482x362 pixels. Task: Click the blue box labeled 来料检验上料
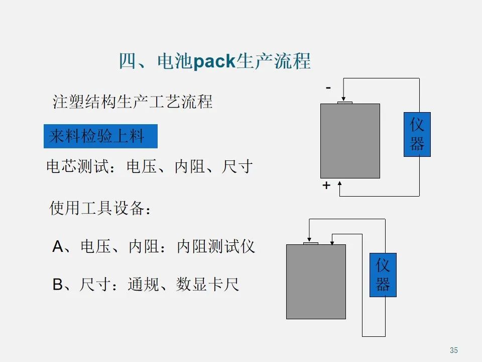(x=100, y=136)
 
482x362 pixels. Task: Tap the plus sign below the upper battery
(x=326, y=186)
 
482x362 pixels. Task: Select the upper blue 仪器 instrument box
(x=417, y=134)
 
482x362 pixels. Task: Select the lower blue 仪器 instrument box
(x=383, y=275)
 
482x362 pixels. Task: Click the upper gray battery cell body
(x=350, y=141)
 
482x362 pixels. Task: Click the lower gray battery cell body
(x=316, y=282)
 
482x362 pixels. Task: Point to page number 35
(x=454, y=350)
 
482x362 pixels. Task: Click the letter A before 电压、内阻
(x=58, y=247)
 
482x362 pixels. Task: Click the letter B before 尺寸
(x=58, y=285)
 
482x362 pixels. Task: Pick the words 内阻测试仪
(x=216, y=247)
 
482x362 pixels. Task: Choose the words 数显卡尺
(x=207, y=285)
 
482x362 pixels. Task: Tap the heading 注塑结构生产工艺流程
(x=133, y=102)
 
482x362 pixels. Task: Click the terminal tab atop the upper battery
(x=345, y=103)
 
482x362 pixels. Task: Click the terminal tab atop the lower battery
(x=311, y=243)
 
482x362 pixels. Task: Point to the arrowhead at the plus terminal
(x=340, y=184)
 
